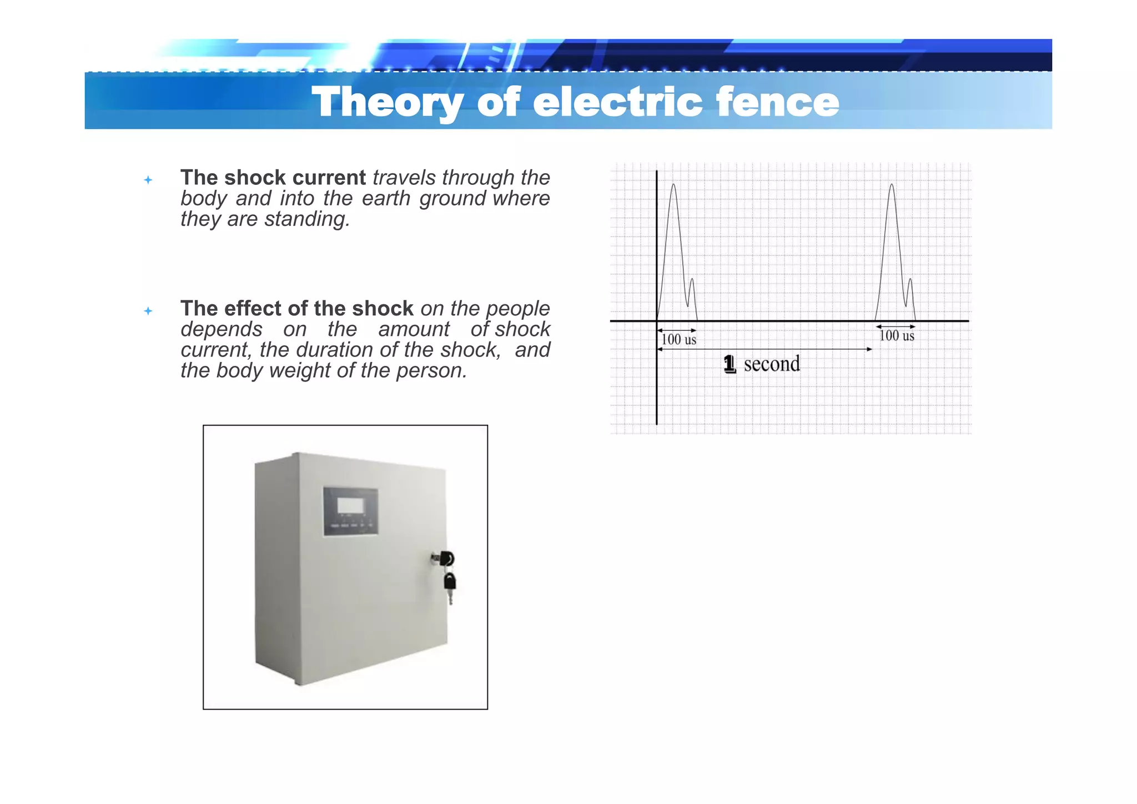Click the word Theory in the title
[386, 102]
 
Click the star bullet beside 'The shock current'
[148, 180]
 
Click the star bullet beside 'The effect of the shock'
[148, 311]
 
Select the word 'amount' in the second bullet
[414, 329]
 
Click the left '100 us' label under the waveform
[678, 339]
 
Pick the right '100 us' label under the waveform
[897, 335]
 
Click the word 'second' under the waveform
[772, 364]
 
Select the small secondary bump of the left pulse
[692, 281]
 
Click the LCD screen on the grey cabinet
[351, 506]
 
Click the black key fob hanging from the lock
[450, 582]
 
